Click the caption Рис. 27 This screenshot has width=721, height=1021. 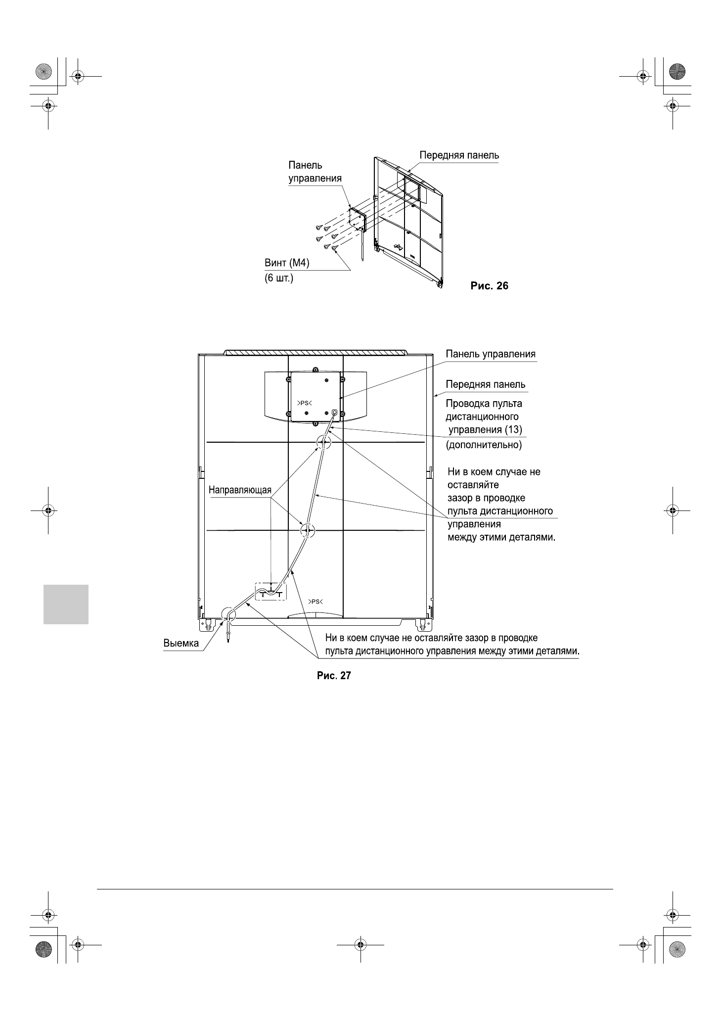pyautogui.click(x=333, y=676)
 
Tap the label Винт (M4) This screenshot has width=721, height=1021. pyautogui.click(x=287, y=264)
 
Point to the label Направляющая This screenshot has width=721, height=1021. pyautogui.click(x=240, y=490)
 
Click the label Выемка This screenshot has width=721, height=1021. pyautogui.click(x=181, y=644)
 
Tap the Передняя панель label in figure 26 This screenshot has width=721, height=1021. pyautogui.click(x=459, y=155)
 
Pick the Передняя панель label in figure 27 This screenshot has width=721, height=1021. pyautogui.click(x=485, y=384)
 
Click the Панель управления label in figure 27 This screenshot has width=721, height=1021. pyautogui.click(x=490, y=354)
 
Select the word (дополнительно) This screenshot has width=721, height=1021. pyautogui.click(x=484, y=445)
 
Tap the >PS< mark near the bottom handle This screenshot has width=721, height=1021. pyautogui.click(x=315, y=602)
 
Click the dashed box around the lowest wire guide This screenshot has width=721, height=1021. pyautogui.click(x=270, y=592)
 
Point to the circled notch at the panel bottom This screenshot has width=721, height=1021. pyautogui.click(x=228, y=615)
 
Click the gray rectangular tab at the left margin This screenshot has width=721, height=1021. pyautogui.click(x=66, y=604)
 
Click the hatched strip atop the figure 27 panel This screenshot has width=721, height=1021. pyautogui.click(x=315, y=353)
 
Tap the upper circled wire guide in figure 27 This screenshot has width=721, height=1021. pyautogui.click(x=323, y=442)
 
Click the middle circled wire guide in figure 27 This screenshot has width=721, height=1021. pyautogui.click(x=307, y=531)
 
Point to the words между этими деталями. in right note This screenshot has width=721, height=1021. pyautogui.click(x=501, y=537)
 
